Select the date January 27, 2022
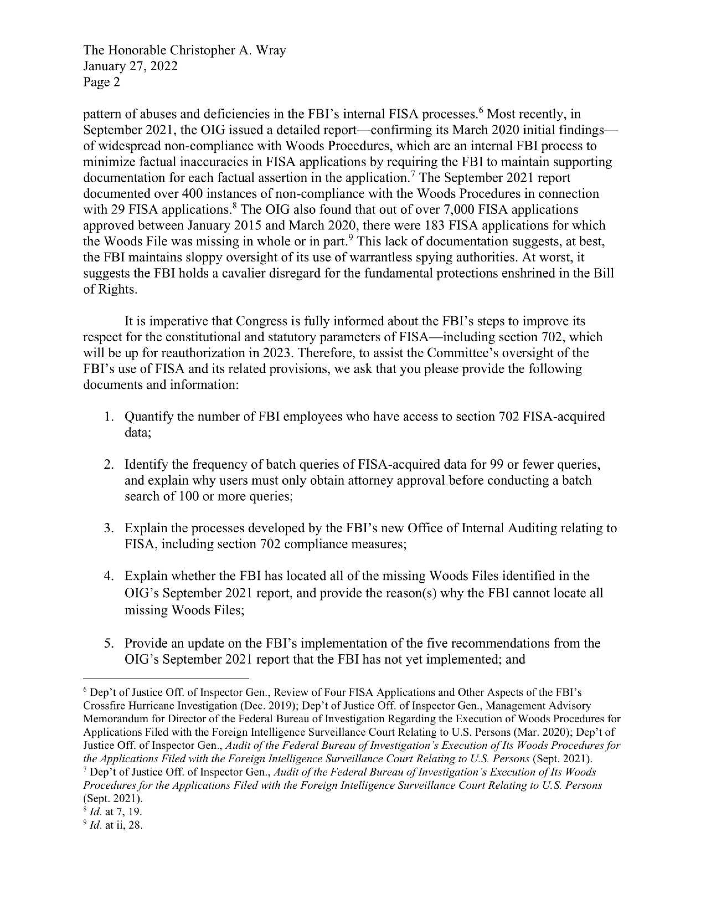(130, 66)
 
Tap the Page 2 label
(101, 82)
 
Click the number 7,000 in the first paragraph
(460, 210)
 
